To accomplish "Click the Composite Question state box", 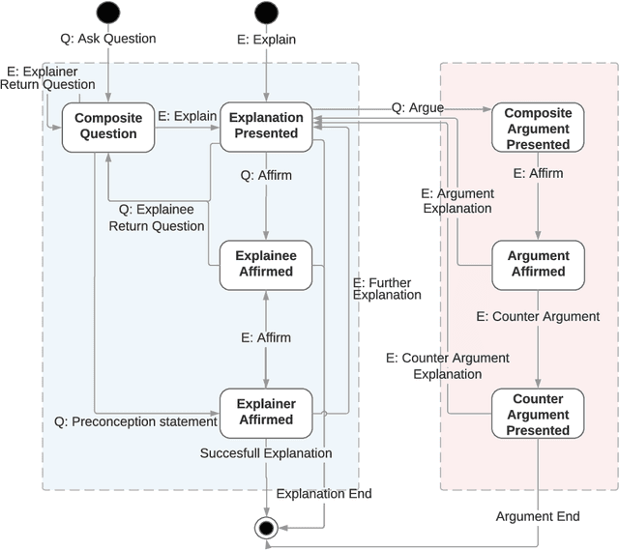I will coord(107,127).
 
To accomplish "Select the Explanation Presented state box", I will coord(266,127).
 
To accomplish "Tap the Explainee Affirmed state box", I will coord(266,264).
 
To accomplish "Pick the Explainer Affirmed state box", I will coord(266,412).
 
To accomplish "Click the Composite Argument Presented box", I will coord(538,128).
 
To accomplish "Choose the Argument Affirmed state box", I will coord(538,264).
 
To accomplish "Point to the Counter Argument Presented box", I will coord(538,414).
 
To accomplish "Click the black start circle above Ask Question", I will coord(108,13).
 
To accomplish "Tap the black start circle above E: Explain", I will coord(266,13).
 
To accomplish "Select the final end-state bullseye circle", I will coord(266,528).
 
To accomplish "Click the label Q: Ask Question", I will coord(108,40).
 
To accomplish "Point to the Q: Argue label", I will coord(417,107).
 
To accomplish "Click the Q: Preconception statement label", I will coord(135,421).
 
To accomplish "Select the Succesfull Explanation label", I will coord(266,453).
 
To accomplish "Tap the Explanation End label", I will coord(324,494).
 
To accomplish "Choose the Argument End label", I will coord(538,516).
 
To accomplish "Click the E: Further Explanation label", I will coord(387,288).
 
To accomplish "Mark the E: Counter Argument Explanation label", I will coord(447,365).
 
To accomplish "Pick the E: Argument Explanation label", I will coord(457,200).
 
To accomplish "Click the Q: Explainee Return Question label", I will coord(162,217).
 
